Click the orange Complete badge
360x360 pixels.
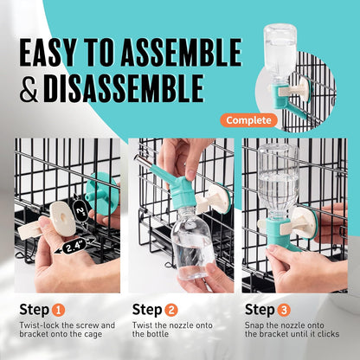click(x=248, y=120)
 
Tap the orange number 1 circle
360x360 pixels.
click(x=59, y=311)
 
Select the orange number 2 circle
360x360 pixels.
click(x=171, y=311)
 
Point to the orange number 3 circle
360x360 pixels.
click(x=284, y=311)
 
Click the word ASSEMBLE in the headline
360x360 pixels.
click(x=181, y=53)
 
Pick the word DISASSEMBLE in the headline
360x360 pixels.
click(x=124, y=88)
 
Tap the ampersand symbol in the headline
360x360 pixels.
click(x=29, y=88)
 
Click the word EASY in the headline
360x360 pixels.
click(x=48, y=53)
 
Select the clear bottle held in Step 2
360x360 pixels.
click(x=193, y=242)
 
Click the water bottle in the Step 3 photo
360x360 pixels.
click(x=279, y=182)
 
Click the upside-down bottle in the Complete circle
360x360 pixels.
click(x=280, y=54)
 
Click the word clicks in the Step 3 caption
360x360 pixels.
click(x=328, y=334)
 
